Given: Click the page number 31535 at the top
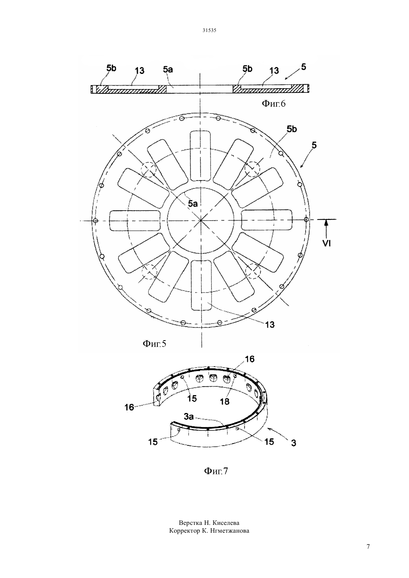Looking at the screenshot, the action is click(x=209, y=30).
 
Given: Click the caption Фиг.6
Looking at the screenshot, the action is click(x=274, y=104).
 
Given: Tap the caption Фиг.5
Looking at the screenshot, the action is click(x=154, y=344).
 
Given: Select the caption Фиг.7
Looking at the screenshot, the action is click(x=216, y=471).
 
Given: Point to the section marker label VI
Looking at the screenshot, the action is click(x=326, y=243).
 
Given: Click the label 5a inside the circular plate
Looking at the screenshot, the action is click(x=193, y=204).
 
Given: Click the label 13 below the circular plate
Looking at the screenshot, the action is click(x=270, y=324).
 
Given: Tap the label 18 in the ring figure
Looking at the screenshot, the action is click(x=225, y=402).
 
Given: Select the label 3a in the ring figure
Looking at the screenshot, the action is click(x=189, y=416).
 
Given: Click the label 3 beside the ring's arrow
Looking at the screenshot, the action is click(x=294, y=443).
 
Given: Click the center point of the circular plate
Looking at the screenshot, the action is click(x=201, y=221).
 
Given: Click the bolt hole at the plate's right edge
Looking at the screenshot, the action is click(x=306, y=220).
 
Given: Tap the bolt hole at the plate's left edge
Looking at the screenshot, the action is click(x=95, y=221).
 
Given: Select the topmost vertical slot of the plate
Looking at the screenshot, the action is click(x=201, y=156).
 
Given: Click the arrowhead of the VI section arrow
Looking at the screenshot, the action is click(x=326, y=221).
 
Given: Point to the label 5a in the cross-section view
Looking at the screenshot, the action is click(x=168, y=69).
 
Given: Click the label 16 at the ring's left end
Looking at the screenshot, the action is click(x=129, y=407).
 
